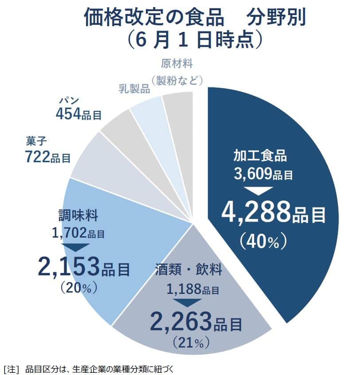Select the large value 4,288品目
coord(273,214)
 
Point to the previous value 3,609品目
coord(263,174)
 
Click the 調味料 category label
coord(79,216)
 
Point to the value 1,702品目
coord(78,232)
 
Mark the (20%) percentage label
coord(78,288)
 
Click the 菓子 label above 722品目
coord(36,142)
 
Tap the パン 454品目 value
coord(78,114)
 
